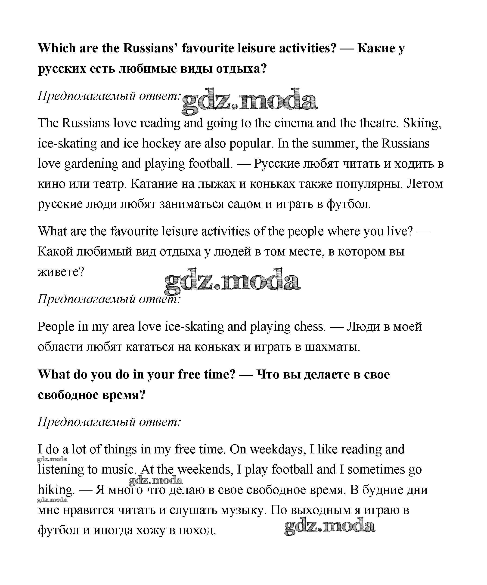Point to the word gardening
pyautogui.click(x=91, y=164)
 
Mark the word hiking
pyautogui.click(x=56, y=490)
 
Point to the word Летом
pyautogui.click(x=425, y=184)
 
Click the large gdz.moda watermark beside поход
pyautogui.click(x=329, y=526)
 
